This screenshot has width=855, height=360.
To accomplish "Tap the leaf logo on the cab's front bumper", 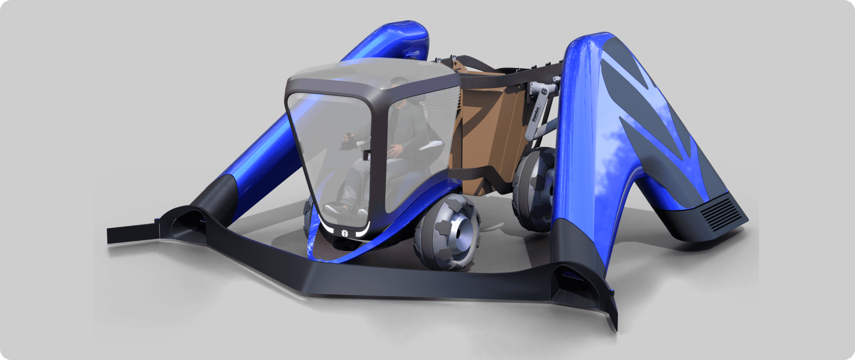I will pos(343,232).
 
